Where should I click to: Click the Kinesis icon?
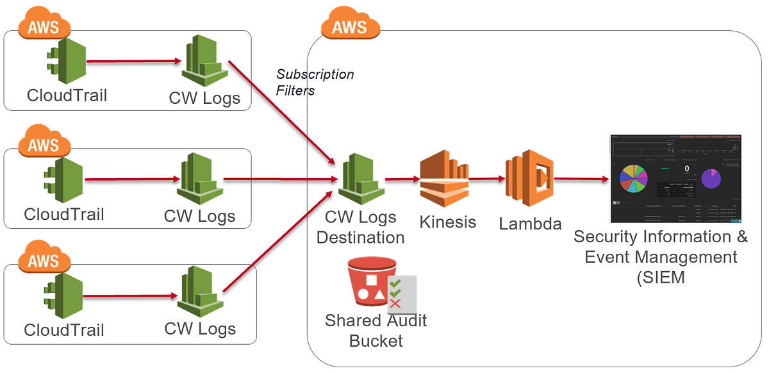tap(444, 179)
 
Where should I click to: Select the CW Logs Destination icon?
tap(361, 179)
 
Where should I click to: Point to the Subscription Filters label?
tap(315, 82)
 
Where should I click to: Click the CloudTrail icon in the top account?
tap(67, 62)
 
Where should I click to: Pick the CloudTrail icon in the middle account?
tap(64, 181)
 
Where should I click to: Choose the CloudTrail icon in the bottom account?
tap(64, 296)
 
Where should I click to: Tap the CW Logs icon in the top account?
tap(204, 62)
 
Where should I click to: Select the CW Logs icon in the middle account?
tap(199, 180)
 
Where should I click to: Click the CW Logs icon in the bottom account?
tap(200, 295)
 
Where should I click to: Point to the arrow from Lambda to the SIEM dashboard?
tap(581, 179)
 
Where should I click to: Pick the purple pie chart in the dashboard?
tap(711, 178)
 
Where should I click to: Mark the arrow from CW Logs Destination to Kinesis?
tap(402, 179)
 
